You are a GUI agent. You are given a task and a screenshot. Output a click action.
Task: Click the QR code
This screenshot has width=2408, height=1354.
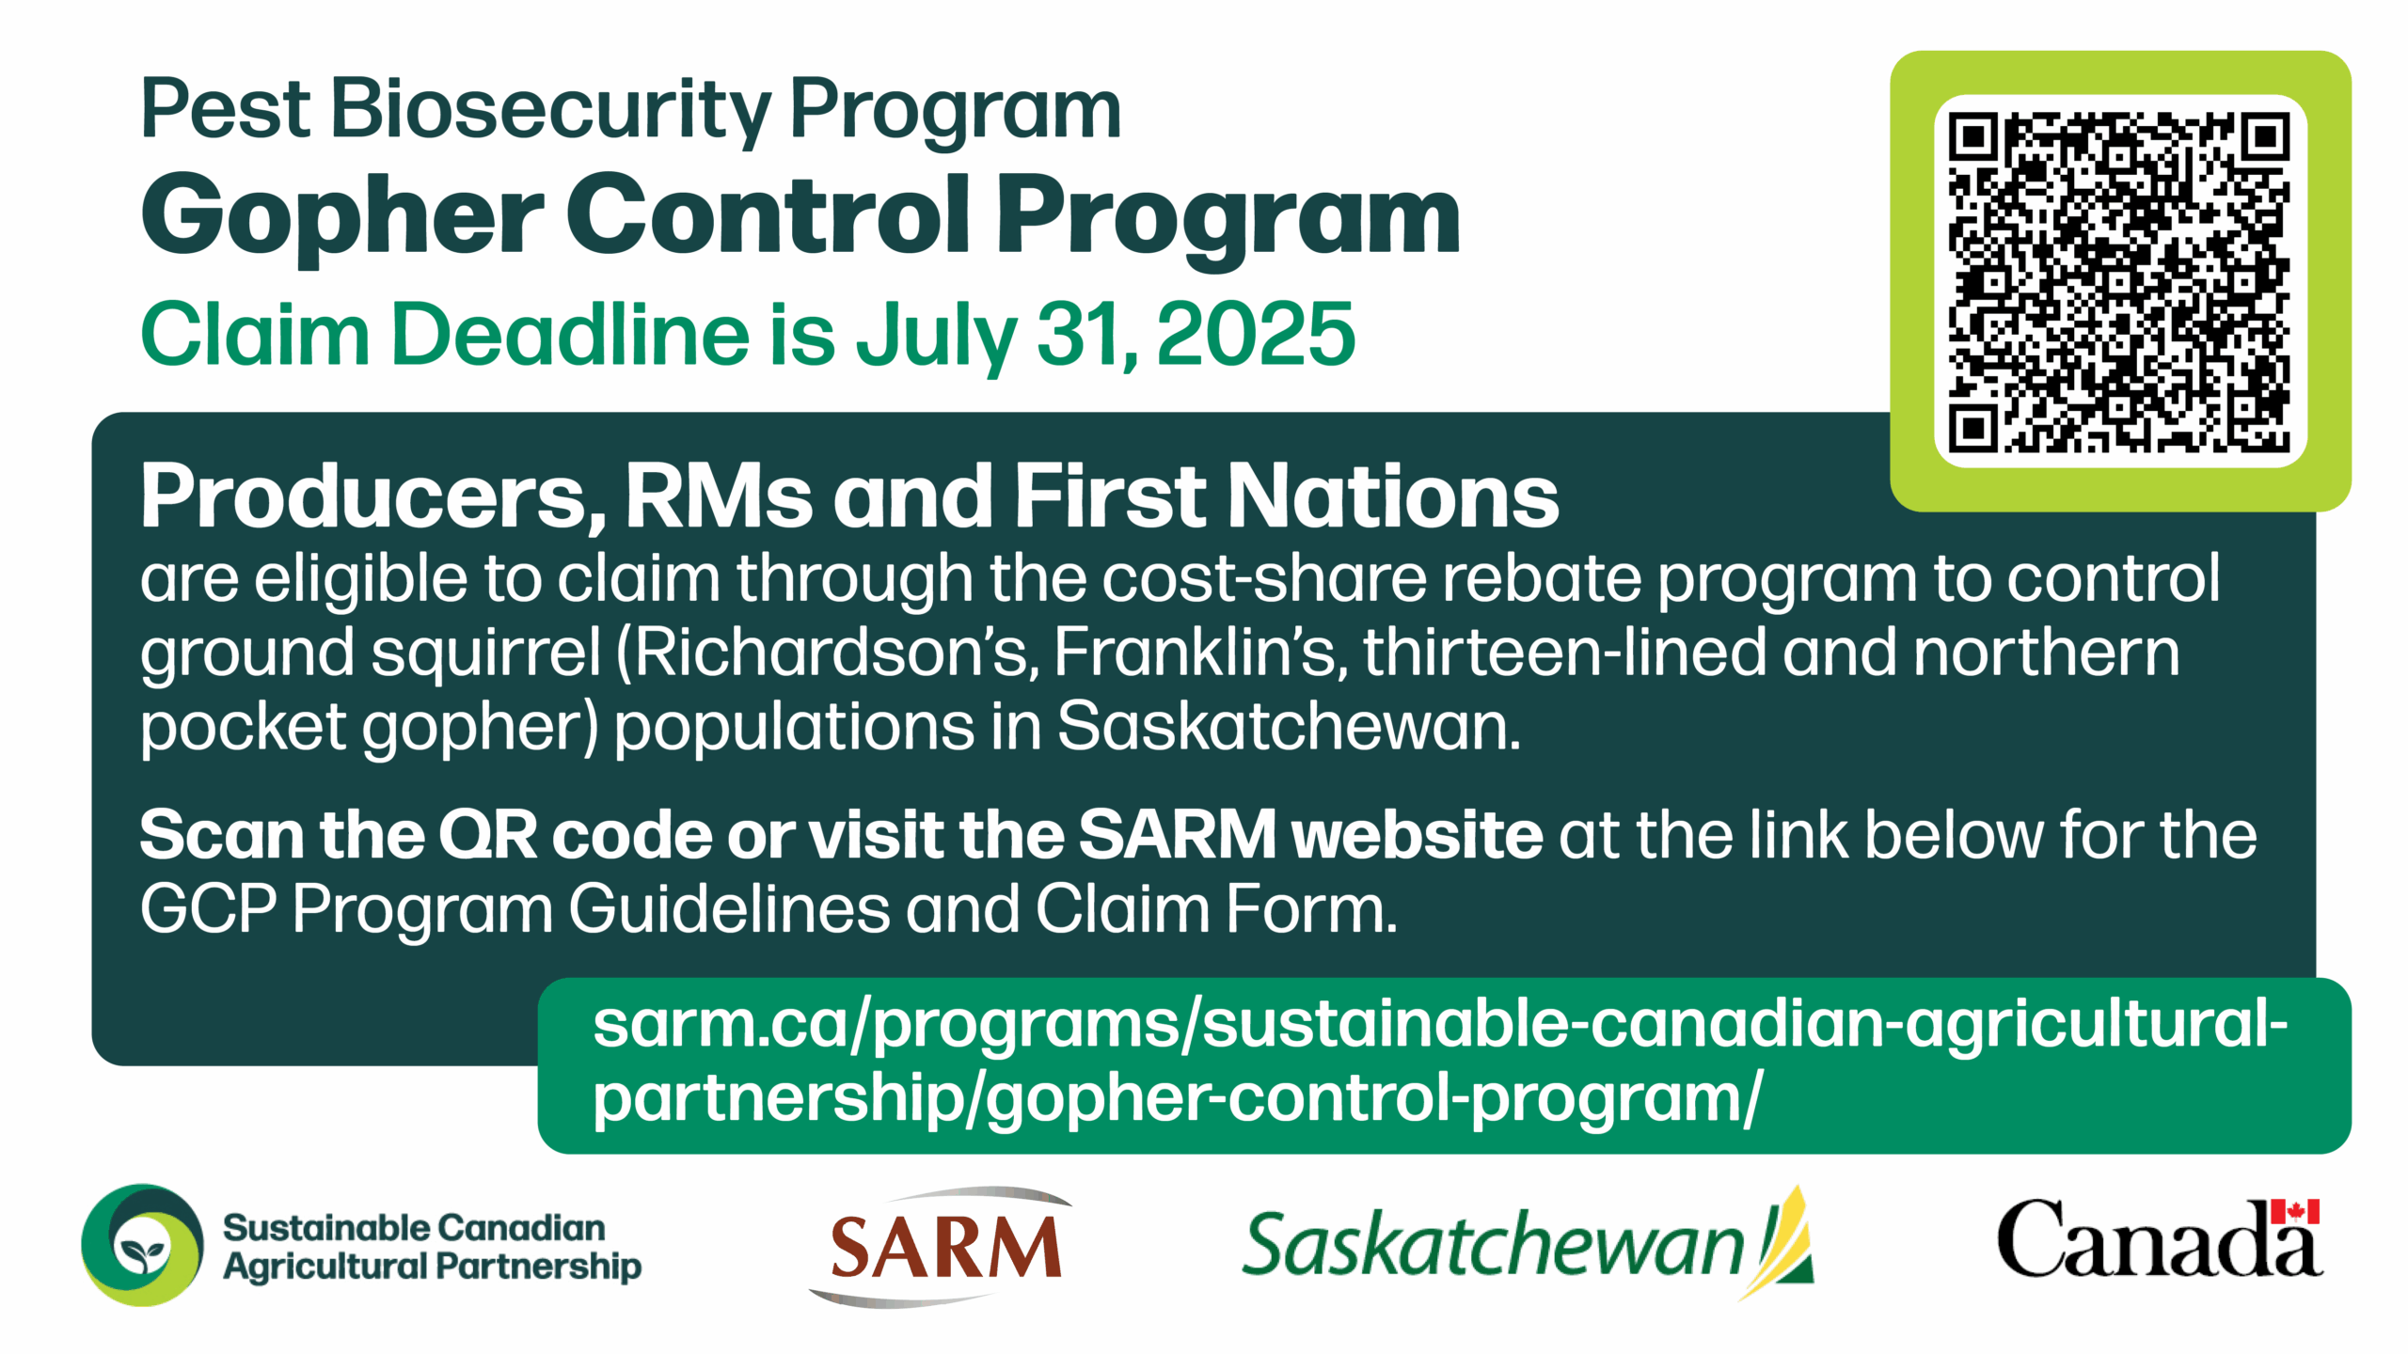pos(2119,281)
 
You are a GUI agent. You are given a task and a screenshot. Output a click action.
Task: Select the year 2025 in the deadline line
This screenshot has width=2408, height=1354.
pos(1256,334)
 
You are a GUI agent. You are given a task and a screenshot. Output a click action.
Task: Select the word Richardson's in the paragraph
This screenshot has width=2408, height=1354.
pos(828,653)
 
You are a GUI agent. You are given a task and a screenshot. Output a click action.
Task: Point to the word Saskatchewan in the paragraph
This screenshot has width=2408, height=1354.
pos(1289,727)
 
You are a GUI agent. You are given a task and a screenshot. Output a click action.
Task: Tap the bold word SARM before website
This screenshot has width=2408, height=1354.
pos(1177,835)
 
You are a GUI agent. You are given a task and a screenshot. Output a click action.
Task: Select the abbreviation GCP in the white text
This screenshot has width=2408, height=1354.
pos(209,909)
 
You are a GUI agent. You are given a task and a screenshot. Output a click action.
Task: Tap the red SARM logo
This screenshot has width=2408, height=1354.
pos(942,1247)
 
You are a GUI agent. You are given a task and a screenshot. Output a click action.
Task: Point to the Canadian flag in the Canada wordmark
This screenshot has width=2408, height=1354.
pos(2295,1211)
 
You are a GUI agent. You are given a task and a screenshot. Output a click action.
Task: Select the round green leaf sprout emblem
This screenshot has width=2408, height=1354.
pos(142,1245)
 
